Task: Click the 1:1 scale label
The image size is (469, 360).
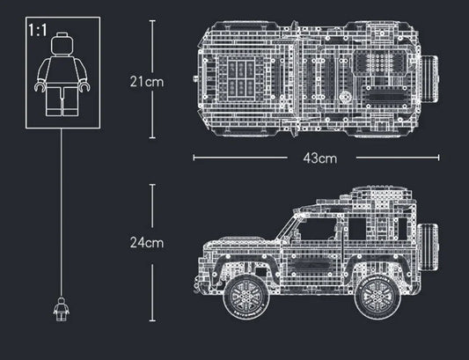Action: (38, 29)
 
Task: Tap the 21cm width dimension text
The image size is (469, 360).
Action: (147, 81)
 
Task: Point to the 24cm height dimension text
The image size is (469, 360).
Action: (147, 241)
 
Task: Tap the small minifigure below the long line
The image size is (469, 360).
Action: (62, 308)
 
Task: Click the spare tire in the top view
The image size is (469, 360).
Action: (429, 81)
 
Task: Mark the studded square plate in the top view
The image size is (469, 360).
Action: (380, 63)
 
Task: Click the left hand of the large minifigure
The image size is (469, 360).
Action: (39, 88)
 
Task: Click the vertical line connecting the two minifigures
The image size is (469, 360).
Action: (62, 211)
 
